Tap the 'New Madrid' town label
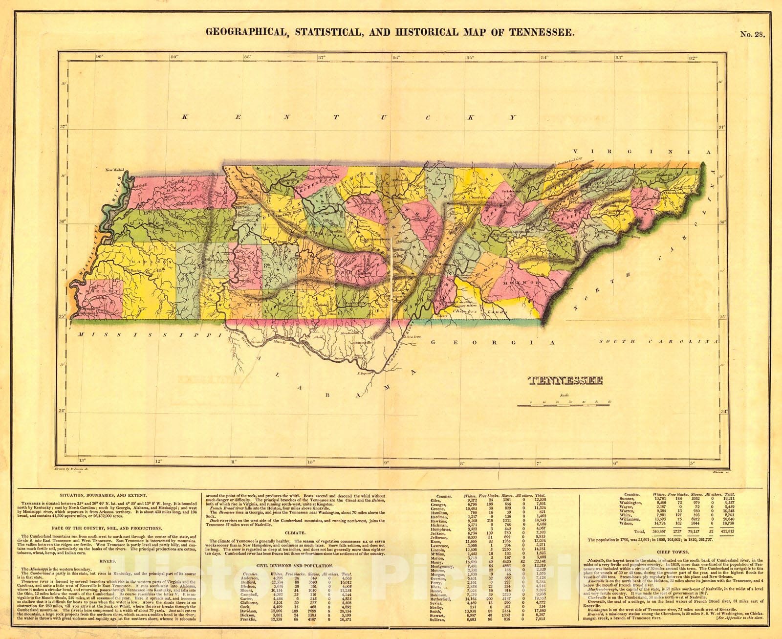[115, 170]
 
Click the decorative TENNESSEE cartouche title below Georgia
[565, 381]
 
